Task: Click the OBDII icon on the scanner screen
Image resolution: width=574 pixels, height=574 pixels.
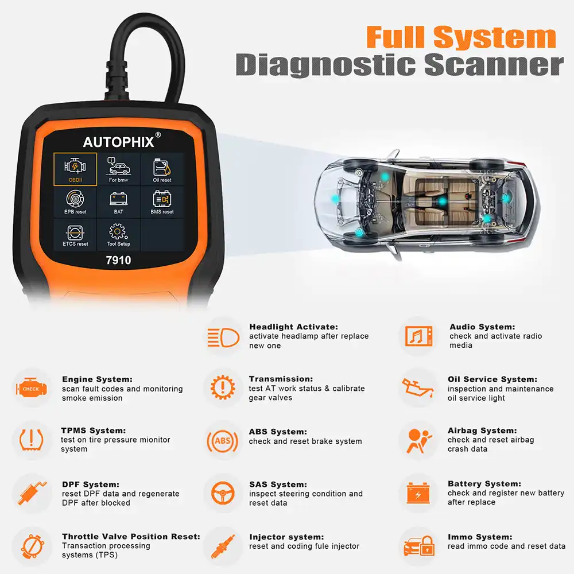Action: (75, 168)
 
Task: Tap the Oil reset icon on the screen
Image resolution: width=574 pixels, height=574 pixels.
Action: (162, 168)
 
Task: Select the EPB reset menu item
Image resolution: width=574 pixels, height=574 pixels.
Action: (75, 201)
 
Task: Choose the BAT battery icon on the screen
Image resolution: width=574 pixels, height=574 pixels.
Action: (118, 201)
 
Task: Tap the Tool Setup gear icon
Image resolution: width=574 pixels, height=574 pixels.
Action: (118, 234)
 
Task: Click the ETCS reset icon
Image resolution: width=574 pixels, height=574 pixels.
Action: (75, 234)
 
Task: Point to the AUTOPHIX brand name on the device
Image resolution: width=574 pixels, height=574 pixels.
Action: (119, 142)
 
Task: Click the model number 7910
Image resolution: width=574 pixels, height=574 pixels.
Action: (118, 261)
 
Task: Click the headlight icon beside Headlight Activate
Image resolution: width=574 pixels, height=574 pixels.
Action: (223, 337)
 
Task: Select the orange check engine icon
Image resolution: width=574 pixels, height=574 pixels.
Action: (31, 389)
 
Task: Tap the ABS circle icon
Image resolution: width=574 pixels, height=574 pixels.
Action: (222, 441)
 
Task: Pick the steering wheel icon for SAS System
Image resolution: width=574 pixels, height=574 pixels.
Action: (222, 494)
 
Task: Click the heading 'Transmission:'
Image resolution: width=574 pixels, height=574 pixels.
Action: (281, 379)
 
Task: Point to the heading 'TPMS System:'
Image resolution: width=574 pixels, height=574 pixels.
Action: (93, 430)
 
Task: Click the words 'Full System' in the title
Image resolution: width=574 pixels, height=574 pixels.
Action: (461, 37)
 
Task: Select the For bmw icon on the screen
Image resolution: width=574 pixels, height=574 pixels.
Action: (118, 168)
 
